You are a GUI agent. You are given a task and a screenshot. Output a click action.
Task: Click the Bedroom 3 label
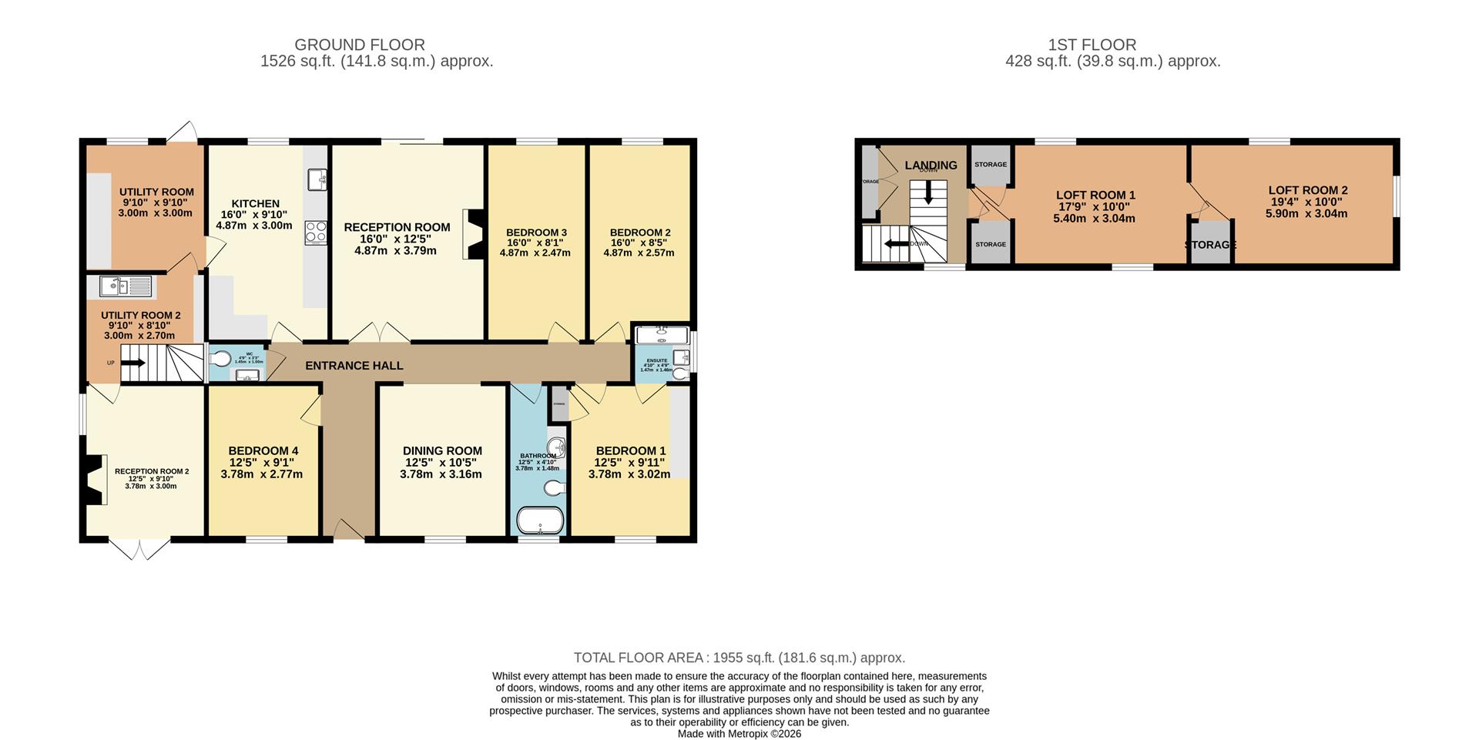click(x=536, y=233)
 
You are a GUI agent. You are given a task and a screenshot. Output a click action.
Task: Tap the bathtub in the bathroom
click(x=540, y=520)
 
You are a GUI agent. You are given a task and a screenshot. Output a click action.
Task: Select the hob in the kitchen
click(x=315, y=233)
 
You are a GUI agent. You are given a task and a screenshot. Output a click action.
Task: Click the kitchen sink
click(x=317, y=179)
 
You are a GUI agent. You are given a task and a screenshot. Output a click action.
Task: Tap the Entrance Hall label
click(x=354, y=365)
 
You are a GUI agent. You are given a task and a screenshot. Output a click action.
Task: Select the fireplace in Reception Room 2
click(x=93, y=479)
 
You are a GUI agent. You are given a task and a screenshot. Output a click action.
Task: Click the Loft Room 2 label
click(x=1307, y=190)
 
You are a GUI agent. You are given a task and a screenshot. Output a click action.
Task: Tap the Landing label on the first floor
click(x=931, y=165)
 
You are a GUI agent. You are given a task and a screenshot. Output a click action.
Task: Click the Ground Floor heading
click(x=360, y=45)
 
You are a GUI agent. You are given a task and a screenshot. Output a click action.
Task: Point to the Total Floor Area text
click(x=739, y=658)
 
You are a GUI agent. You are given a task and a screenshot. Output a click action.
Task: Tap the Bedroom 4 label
click(x=263, y=450)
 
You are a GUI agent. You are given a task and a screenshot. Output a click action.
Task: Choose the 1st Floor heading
click(x=1092, y=45)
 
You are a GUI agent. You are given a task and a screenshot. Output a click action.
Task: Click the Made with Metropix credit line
click(x=739, y=734)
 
